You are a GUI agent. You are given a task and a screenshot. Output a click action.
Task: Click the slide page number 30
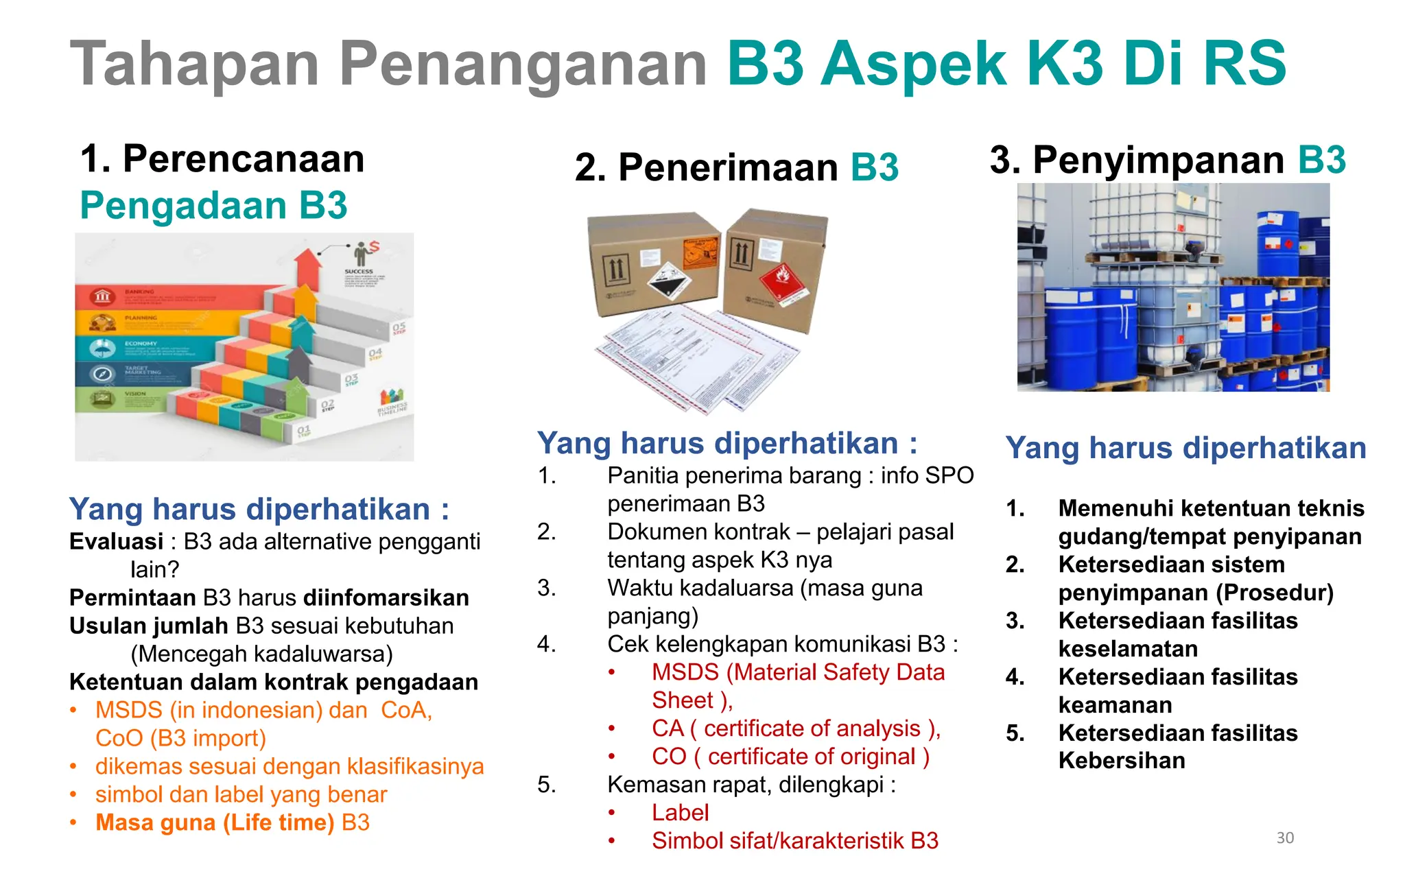pos(1285,838)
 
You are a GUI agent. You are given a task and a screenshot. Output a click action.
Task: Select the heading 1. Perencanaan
pos(222,159)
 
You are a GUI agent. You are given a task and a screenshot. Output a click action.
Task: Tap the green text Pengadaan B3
pos(213,205)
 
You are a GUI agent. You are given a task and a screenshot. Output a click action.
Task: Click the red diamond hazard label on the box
pos(784,281)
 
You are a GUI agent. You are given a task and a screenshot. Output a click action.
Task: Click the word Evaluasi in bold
pos(116,542)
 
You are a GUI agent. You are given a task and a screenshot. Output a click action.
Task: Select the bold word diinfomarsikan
pos(386,598)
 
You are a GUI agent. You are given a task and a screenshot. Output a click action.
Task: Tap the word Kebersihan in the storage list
pos(1122,761)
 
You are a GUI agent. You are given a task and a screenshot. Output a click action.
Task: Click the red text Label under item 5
pos(680,813)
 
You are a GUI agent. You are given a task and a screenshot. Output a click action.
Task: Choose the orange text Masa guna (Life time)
pos(215,822)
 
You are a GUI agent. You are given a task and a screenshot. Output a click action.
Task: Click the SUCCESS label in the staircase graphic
pos(359,272)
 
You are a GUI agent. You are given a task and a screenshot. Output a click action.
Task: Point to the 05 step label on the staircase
pos(399,328)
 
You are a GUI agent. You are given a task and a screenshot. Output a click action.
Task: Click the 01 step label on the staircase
pos(303,431)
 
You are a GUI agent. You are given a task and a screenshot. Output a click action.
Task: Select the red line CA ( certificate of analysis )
pos(796,728)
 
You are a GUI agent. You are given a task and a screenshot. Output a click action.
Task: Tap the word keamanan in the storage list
pos(1115,705)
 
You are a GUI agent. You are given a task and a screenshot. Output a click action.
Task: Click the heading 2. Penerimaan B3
pos(736,167)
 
